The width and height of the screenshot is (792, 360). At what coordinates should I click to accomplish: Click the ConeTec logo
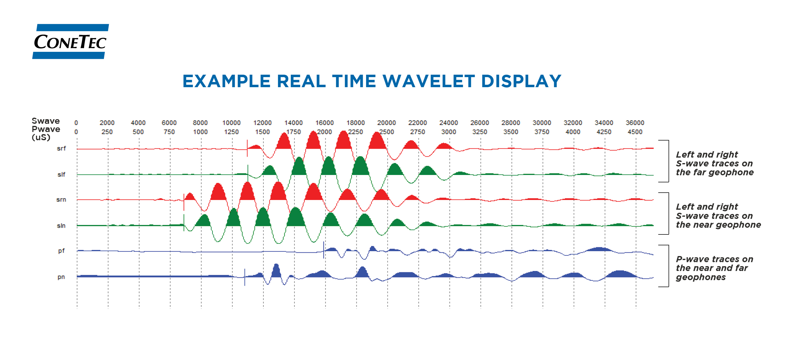click(70, 41)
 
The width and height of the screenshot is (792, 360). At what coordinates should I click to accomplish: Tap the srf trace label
click(61, 148)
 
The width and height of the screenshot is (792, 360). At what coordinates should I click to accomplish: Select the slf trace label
click(61, 175)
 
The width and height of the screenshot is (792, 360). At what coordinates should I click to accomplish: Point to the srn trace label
click(61, 200)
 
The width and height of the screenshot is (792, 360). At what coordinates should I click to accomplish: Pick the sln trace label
click(61, 226)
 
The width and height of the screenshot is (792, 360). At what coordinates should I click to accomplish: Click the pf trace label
click(62, 251)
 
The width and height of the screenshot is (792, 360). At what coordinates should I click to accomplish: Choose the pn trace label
click(61, 277)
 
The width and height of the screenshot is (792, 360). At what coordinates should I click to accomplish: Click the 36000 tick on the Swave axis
click(635, 123)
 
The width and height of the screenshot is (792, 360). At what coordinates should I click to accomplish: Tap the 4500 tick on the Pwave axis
click(635, 132)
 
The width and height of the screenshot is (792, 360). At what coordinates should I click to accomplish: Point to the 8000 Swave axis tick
click(200, 123)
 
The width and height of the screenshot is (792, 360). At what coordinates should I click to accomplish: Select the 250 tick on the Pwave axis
click(107, 132)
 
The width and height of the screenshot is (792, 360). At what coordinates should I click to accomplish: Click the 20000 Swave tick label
click(387, 123)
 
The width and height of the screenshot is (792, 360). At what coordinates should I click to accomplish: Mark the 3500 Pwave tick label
click(511, 132)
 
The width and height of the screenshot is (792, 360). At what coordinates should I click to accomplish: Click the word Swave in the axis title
click(46, 121)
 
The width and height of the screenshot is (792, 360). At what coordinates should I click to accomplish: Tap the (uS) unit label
click(41, 137)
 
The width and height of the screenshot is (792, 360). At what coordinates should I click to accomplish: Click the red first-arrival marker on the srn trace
click(184, 202)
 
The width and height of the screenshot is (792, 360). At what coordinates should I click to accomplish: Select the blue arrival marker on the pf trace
click(323, 250)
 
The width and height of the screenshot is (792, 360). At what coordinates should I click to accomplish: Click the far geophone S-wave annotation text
click(714, 163)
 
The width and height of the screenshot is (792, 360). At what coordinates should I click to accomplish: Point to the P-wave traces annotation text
click(714, 268)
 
